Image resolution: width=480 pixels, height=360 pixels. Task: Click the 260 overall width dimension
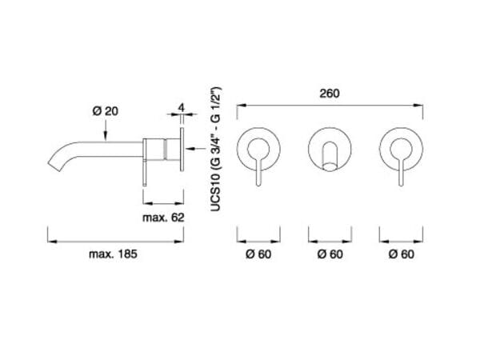pyautogui.click(x=330, y=94)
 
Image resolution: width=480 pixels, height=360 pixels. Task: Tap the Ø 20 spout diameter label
pyautogui.click(x=106, y=111)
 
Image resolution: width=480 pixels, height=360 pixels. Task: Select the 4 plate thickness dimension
pyautogui.click(x=182, y=108)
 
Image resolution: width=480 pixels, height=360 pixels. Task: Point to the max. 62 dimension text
pyautogui.click(x=163, y=218)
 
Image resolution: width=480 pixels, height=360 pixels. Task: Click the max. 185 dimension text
pyautogui.click(x=113, y=254)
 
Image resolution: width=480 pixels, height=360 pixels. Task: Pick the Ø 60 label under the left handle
pyautogui.click(x=258, y=254)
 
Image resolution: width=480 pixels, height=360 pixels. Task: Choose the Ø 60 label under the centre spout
pyautogui.click(x=330, y=254)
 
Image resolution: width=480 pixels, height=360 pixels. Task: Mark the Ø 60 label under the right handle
pyautogui.click(x=402, y=254)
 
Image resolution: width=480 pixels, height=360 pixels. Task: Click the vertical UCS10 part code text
pyautogui.click(x=216, y=150)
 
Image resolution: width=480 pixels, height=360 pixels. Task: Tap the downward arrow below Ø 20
pyautogui.click(x=106, y=130)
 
